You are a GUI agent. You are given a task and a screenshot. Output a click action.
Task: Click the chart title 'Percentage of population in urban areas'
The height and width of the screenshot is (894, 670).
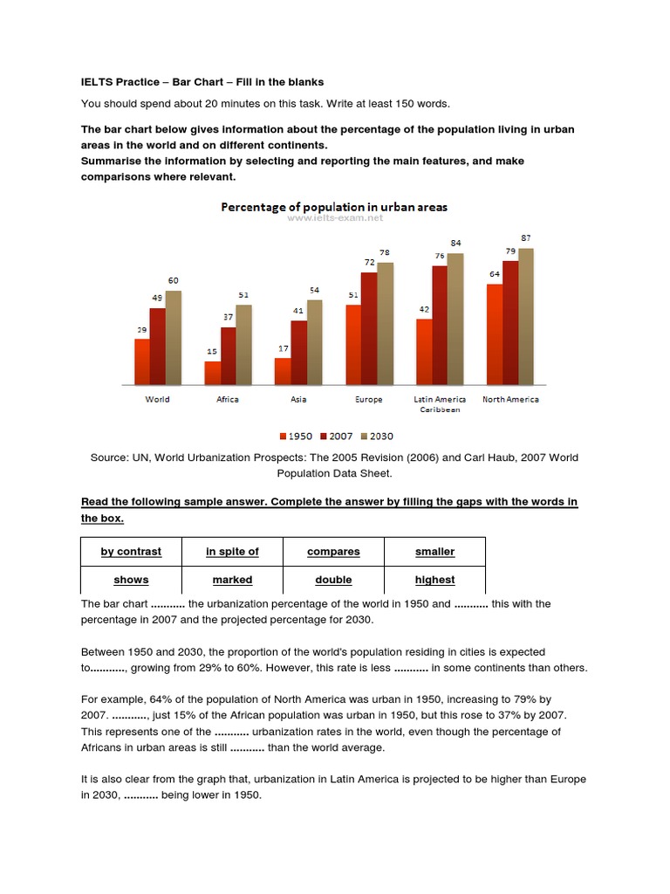coord(334,207)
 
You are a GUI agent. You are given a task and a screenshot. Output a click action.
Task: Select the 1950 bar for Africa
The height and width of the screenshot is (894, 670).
coord(212,373)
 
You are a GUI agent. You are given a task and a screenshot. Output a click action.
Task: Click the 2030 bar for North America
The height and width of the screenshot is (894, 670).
coord(525,316)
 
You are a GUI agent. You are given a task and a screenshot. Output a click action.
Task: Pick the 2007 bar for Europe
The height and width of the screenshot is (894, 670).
coord(369,328)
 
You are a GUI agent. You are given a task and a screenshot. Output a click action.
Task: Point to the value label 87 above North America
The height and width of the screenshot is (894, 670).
coord(525,237)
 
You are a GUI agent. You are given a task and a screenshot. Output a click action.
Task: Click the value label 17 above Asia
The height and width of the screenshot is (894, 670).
coord(282,349)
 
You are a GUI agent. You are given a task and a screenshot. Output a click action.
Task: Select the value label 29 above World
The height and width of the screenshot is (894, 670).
coord(141,330)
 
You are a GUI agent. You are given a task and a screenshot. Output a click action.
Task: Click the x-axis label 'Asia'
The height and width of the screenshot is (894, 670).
coord(297,399)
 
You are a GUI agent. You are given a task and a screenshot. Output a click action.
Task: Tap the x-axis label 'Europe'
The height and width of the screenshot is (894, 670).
coord(368,399)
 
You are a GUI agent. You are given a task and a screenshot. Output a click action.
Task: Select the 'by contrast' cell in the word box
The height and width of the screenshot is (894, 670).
coord(131,552)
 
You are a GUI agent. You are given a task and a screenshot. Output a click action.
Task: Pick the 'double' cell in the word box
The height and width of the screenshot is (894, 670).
coord(333,580)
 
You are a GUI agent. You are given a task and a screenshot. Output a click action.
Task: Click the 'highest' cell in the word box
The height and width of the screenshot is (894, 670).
coord(434,580)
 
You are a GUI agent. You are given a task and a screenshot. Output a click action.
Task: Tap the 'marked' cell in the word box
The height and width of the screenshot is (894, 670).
coord(232,580)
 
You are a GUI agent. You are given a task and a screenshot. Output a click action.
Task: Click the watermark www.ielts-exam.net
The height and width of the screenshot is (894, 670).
coord(334,218)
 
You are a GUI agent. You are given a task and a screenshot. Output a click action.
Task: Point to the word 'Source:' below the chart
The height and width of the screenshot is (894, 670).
coord(111,457)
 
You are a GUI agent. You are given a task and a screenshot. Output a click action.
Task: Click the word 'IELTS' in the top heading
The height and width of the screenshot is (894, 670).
coord(98,82)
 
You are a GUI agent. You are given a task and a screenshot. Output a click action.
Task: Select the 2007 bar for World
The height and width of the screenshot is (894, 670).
coord(157,346)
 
